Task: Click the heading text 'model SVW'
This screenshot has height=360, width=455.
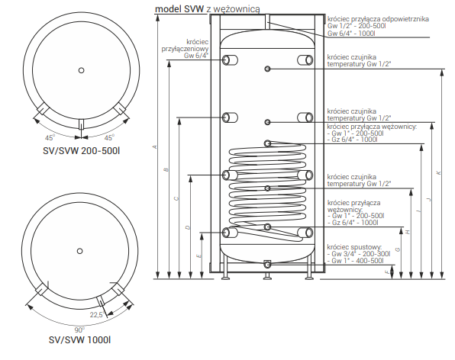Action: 179,9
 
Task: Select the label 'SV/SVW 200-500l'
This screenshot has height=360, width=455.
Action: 81,151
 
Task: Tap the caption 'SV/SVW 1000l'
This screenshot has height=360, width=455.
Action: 80,339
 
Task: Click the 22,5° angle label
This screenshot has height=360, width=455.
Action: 97,314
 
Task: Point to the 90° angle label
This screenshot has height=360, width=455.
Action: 79,329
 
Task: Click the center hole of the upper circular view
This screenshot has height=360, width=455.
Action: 81,70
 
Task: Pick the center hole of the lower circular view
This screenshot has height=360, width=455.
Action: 80,251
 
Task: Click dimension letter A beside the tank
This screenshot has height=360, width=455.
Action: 155,147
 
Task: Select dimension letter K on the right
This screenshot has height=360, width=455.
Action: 438,172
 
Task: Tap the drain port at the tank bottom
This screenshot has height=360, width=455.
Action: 267,264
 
